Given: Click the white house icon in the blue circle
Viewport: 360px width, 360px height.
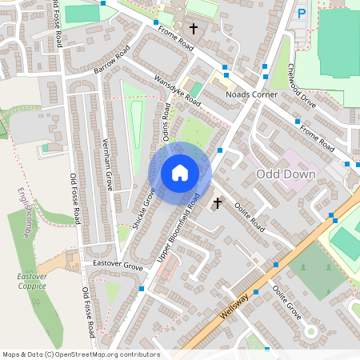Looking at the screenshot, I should [x=180, y=171].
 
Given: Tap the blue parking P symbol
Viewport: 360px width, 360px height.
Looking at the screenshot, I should [x=302, y=13].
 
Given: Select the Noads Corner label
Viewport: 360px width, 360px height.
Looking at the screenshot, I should [x=252, y=94].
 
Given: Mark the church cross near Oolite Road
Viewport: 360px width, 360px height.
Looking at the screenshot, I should [x=218, y=204].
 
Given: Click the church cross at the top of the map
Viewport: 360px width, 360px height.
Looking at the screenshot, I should [x=193, y=29].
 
